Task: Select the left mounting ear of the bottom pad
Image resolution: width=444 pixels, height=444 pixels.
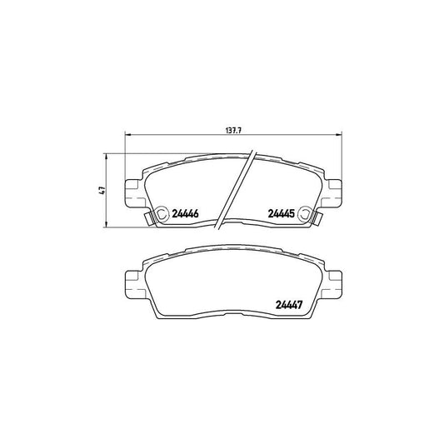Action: tap(132, 283)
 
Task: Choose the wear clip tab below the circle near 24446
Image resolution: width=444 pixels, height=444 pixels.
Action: tap(149, 221)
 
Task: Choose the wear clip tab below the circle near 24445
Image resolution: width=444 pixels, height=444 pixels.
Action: tap(316, 221)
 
